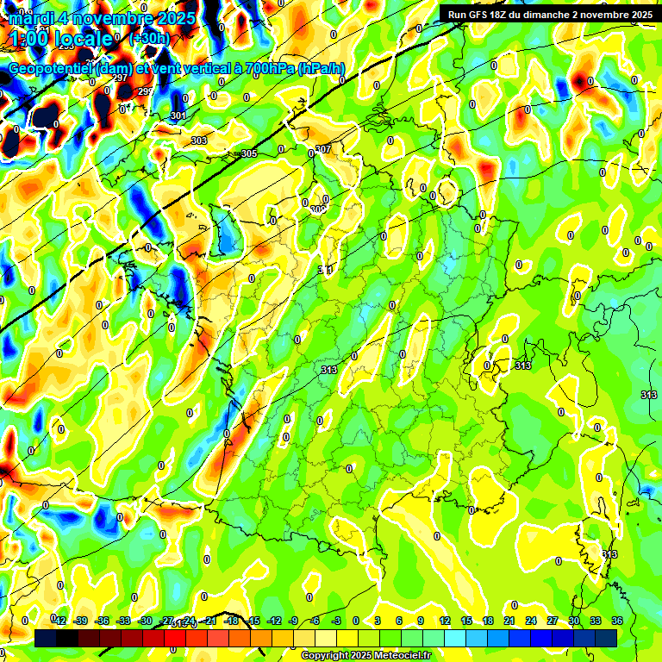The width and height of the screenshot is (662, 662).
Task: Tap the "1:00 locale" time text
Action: click(x=60, y=39)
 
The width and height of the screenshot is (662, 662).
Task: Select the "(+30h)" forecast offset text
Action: click(x=149, y=39)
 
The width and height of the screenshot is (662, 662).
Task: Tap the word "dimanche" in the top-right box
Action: click(x=562, y=14)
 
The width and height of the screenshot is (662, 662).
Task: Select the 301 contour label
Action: click(x=178, y=116)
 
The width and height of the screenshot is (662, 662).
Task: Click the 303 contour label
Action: click(x=199, y=141)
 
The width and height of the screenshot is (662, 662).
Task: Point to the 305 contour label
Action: click(x=249, y=153)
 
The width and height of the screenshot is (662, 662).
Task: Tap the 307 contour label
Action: click(x=323, y=149)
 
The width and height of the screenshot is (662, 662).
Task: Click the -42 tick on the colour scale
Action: click(x=59, y=621)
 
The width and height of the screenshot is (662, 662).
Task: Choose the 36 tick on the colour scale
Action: click(x=617, y=621)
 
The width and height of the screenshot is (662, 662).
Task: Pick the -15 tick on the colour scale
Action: click(x=253, y=621)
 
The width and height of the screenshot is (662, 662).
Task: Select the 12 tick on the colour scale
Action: click(x=445, y=621)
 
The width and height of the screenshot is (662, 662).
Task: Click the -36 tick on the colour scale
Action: click(x=103, y=621)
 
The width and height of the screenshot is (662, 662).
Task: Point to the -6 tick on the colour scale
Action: click(x=316, y=621)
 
